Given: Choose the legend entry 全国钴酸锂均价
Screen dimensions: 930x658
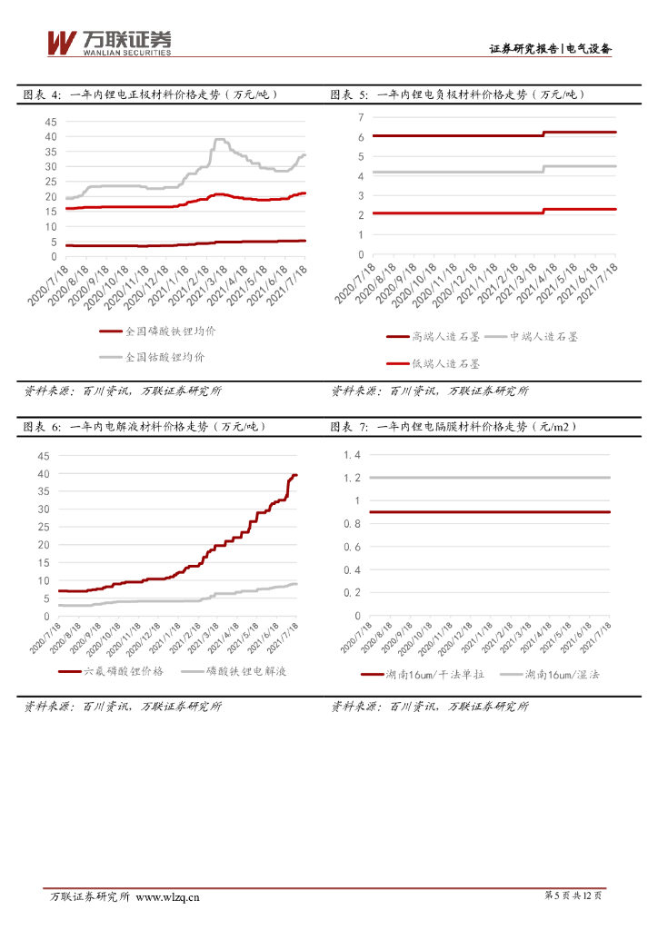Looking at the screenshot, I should (164, 357).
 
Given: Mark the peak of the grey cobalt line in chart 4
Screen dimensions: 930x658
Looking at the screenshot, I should (219, 139).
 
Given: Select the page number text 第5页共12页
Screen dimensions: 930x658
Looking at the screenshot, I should (573, 896).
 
